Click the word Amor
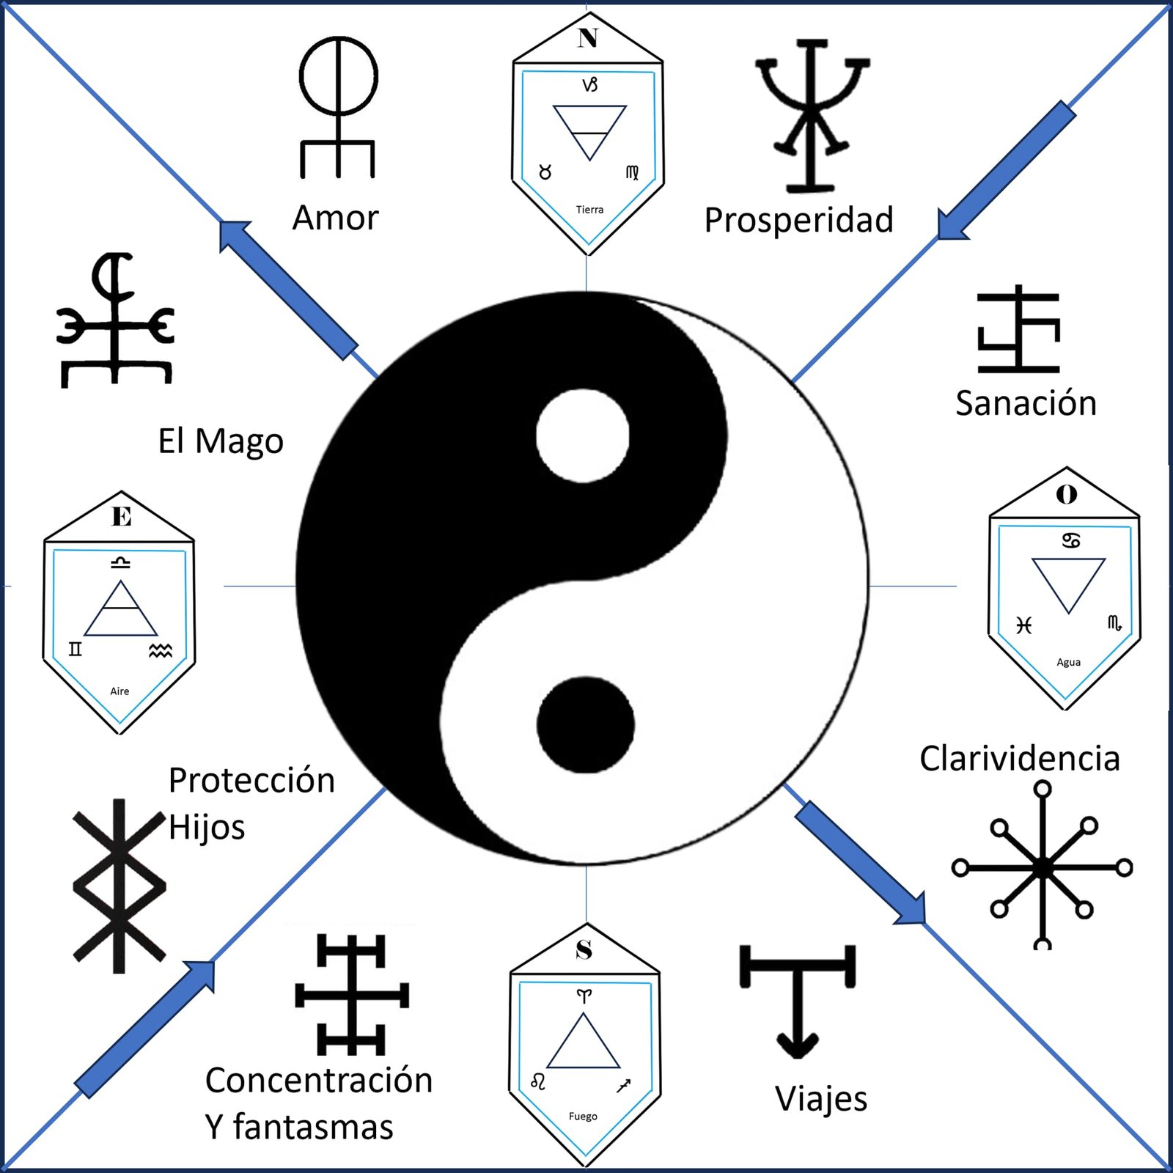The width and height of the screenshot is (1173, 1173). [336, 218]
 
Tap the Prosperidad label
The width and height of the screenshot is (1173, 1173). [798, 220]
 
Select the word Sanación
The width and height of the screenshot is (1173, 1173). [1026, 402]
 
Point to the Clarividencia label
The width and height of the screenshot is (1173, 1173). [1020, 758]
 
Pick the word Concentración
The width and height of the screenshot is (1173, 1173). [319, 1080]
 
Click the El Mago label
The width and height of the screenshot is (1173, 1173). [221, 441]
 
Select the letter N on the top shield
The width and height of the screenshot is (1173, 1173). [587, 37]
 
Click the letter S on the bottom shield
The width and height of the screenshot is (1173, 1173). [584, 949]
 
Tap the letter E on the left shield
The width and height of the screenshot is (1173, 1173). [122, 517]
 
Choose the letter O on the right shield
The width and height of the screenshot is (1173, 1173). [1067, 495]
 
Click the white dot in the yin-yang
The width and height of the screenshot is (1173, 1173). [583, 435]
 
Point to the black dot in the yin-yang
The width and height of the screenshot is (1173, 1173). [585, 724]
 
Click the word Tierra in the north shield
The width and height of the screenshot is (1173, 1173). [589, 210]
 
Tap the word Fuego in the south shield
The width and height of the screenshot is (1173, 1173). [583, 1117]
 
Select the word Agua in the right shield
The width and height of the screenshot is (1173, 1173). [1068, 662]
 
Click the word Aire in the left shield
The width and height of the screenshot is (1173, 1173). [119, 691]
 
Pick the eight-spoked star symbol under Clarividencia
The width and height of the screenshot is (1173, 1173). [1042, 867]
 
